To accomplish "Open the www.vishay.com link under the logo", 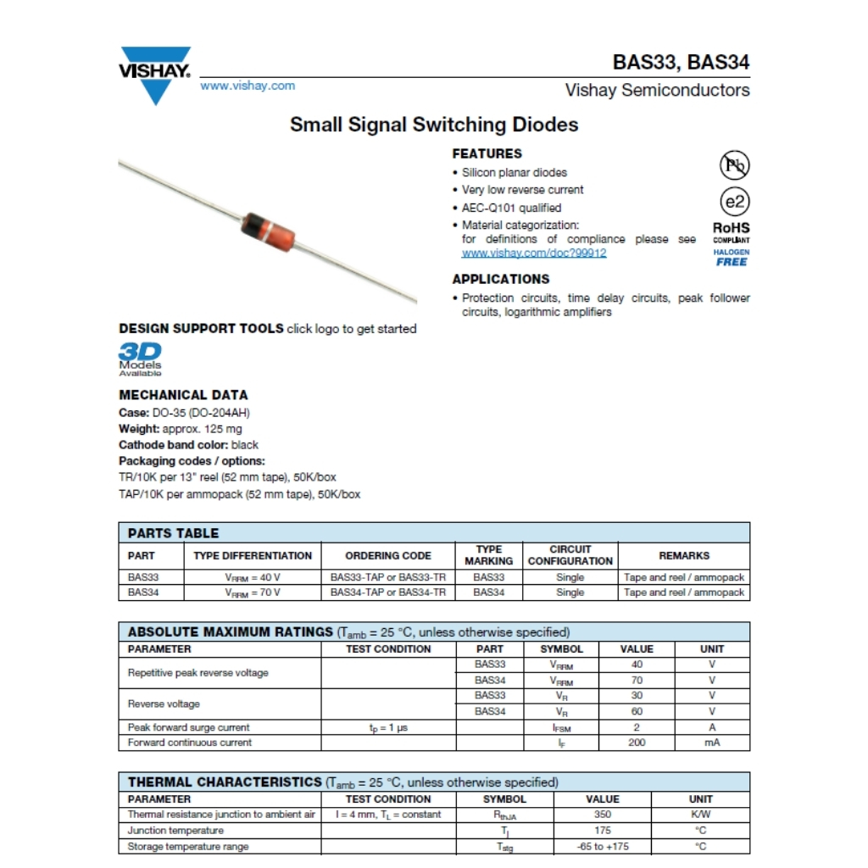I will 248,86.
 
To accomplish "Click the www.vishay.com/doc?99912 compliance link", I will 534,253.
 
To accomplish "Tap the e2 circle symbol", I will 734,202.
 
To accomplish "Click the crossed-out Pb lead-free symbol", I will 734,164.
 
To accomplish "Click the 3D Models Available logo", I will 140,359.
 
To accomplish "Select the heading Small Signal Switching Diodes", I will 434,125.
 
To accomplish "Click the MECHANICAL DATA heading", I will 183,395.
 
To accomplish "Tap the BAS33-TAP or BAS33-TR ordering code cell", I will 388,577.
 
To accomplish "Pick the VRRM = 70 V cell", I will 253,593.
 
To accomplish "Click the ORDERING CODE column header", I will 388,556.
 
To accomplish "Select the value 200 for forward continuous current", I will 637,743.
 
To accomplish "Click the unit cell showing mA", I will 712,743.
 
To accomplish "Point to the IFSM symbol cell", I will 561,727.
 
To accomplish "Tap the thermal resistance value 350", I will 603,815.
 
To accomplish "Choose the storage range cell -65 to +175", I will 603,846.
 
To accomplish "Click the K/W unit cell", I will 700,815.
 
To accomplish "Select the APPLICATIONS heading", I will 500,279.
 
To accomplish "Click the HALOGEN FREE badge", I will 732,258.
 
